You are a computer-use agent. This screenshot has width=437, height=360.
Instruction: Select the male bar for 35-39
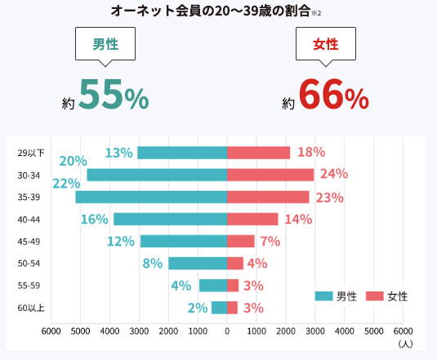150,197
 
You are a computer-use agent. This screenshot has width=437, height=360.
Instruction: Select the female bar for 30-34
270,175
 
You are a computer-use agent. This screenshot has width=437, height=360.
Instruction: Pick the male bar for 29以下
181,153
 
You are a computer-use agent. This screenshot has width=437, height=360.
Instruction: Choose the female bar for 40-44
252,219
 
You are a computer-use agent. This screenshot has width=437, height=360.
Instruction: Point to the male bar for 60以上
219,308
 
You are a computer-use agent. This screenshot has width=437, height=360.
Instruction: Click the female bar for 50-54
235,263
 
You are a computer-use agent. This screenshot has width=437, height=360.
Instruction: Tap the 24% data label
333,174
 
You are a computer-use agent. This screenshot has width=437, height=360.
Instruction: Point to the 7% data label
270,241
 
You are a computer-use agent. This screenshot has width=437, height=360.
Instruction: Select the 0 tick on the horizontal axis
226,331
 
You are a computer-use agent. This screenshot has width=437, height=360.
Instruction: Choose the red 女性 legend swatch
375,296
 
